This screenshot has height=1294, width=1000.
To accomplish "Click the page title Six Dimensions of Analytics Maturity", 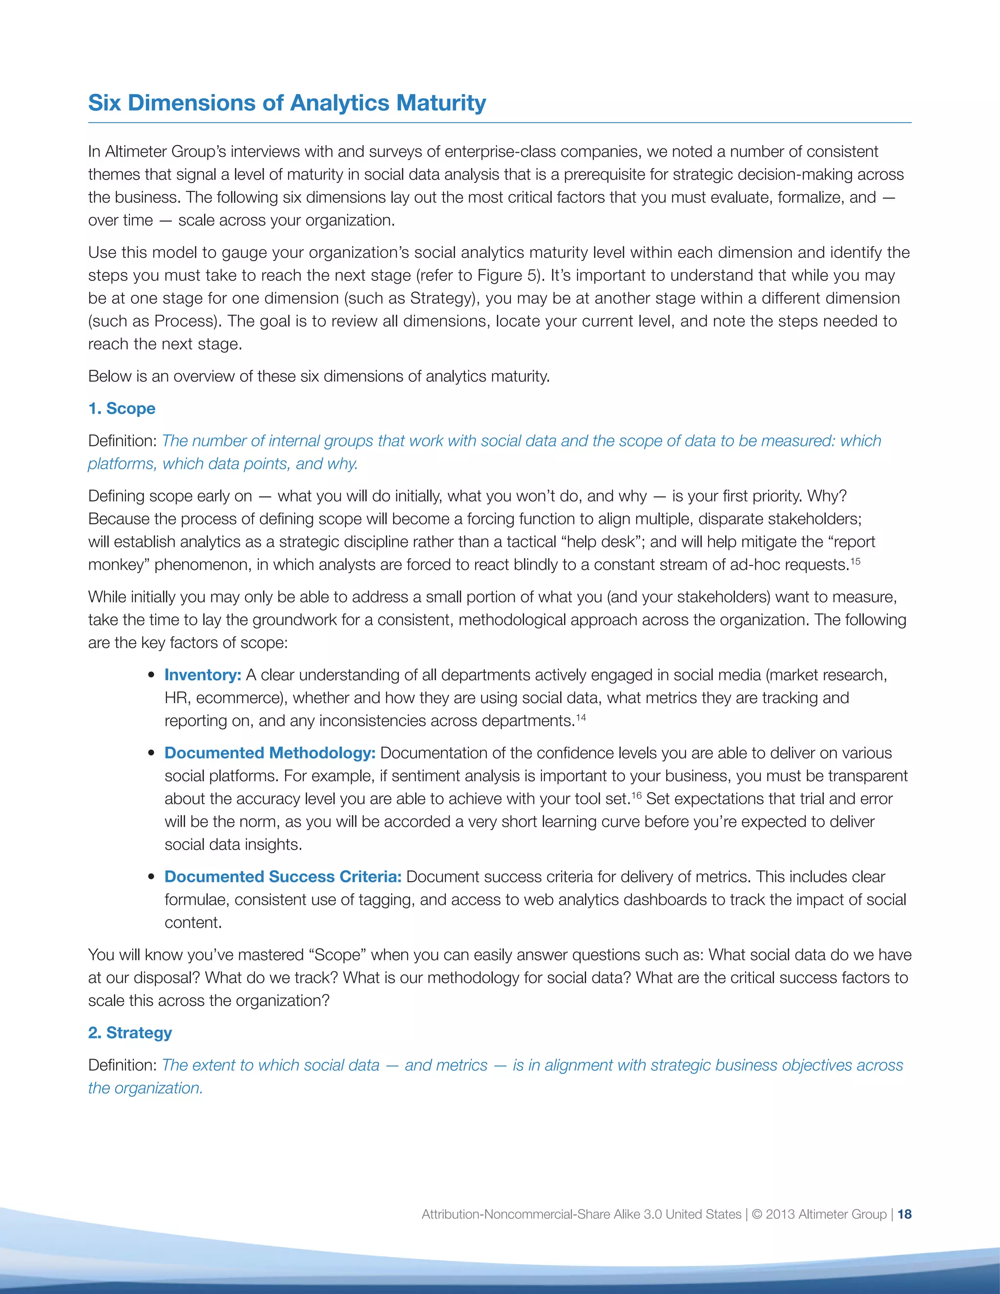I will coord(287,103).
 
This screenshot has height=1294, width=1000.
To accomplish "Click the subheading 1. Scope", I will coord(122,408).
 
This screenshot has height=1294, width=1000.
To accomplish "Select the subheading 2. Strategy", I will coord(130,1033).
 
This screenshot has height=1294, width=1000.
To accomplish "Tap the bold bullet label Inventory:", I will coord(203,675).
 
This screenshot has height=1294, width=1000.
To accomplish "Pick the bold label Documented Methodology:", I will coord(270,752).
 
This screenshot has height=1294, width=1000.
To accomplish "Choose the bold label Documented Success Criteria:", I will coord(283,877).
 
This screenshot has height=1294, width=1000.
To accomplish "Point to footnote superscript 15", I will coord(855,561).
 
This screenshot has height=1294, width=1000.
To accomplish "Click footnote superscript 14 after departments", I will coord(581,717).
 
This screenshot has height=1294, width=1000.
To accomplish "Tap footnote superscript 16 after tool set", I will coord(637,795).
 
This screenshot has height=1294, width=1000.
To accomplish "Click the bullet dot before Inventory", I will coord(152,675).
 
